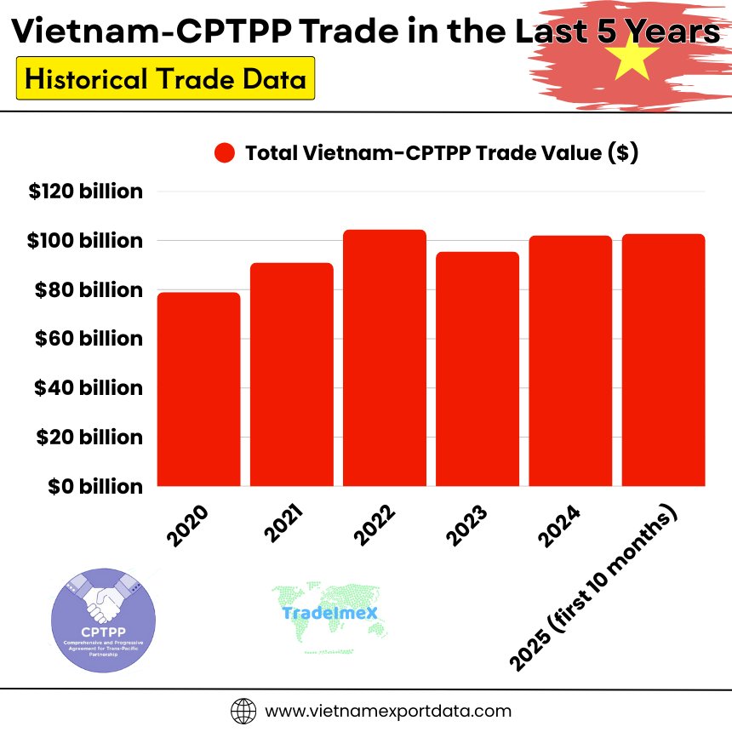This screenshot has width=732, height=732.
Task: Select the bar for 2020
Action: pos(198,389)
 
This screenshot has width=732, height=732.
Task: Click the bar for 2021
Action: pos(292,375)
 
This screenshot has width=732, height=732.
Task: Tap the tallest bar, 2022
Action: pos(385,357)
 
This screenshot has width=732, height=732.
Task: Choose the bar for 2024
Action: pos(570,361)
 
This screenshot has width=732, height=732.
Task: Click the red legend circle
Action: pos(225,153)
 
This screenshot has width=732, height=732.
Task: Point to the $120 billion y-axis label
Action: pos(85,192)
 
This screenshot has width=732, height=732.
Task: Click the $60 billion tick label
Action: pos(88,339)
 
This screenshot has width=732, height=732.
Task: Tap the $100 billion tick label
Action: pos(85,241)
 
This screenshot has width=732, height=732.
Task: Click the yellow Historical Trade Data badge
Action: pos(165,79)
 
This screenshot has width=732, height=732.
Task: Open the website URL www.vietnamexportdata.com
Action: pos(389,711)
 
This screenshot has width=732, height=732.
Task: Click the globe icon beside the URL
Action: pos(243,711)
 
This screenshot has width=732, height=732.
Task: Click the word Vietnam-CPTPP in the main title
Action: pos(140,32)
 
